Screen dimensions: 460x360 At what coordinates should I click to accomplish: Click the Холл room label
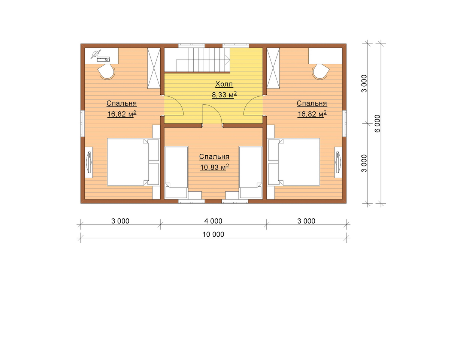(x=224, y=84)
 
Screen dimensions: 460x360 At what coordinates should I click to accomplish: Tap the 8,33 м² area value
(x=224, y=94)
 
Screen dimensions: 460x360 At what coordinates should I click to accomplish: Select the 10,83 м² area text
(x=214, y=167)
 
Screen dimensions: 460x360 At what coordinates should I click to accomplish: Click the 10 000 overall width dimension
(x=214, y=234)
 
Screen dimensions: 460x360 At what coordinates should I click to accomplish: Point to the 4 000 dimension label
(x=214, y=221)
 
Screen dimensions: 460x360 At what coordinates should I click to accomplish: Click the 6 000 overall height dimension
(x=378, y=124)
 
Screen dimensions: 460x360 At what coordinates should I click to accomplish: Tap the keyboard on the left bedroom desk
(x=103, y=59)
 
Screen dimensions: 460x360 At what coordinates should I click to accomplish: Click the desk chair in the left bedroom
(x=106, y=72)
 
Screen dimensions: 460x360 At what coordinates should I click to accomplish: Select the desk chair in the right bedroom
(x=321, y=72)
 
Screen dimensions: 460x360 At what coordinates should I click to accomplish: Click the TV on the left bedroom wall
(x=89, y=162)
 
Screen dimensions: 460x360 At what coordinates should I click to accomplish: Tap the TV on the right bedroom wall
(x=339, y=162)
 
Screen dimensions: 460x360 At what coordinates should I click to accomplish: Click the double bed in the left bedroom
(x=133, y=162)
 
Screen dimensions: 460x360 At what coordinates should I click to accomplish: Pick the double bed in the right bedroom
(x=294, y=162)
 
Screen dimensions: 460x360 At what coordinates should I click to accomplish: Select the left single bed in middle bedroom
(x=176, y=172)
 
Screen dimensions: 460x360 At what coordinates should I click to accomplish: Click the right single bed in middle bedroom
(x=251, y=172)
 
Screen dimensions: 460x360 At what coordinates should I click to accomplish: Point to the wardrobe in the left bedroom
(x=154, y=68)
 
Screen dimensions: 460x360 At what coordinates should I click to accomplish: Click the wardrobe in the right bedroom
(x=273, y=68)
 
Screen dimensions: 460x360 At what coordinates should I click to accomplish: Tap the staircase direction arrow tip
(x=230, y=59)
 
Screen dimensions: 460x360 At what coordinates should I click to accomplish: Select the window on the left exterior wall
(x=82, y=123)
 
